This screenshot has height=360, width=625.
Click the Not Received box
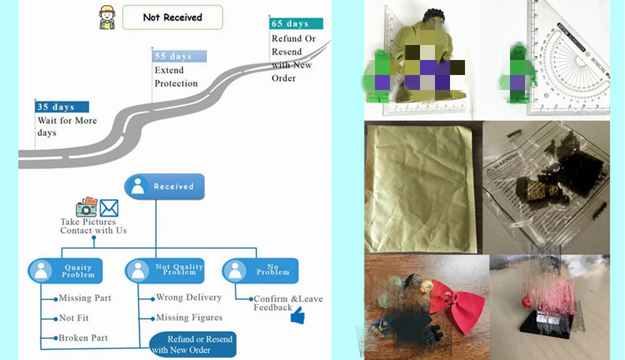click(x=172, y=17)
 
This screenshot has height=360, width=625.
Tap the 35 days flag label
click(x=62, y=107)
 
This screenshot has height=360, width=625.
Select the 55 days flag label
click(x=179, y=56)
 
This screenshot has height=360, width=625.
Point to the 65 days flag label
click(x=296, y=24)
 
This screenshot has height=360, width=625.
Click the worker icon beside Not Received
click(x=107, y=17)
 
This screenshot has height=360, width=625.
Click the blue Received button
click(x=164, y=186)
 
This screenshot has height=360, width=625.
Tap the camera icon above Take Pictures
click(x=86, y=207)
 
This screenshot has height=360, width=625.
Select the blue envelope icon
click(x=109, y=207)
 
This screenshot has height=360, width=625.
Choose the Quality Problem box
click(x=66, y=271)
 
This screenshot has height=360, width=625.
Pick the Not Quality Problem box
click(x=164, y=270)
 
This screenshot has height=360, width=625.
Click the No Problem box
click(x=260, y=270)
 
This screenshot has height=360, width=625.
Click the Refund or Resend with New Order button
click(x=193, y=344)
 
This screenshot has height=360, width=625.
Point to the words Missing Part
click(x=85, y=297)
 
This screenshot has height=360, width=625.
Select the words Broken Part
click(x=83, y=337)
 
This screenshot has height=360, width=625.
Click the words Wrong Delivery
click(x=189, y=297)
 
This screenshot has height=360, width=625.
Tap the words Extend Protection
click(x=176, y=76)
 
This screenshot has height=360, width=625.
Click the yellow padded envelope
click(x=421, y=188)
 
